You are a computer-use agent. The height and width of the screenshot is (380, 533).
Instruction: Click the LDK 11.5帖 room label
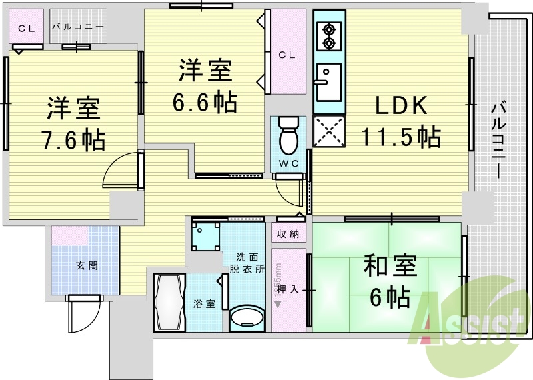[400, 121]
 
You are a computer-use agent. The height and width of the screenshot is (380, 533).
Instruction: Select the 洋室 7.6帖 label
[73, 123]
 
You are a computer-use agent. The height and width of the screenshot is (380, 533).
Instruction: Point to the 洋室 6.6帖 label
[205, 86]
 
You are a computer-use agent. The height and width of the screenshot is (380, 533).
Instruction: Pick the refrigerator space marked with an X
[328, 131]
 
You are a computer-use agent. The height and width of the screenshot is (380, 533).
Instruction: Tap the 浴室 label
[204, 304]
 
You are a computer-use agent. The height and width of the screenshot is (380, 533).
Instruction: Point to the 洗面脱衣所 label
[247, 263]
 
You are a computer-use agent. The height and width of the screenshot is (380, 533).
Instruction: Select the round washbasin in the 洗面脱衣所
[247, 318]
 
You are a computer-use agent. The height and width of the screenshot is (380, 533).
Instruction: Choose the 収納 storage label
[288, 233]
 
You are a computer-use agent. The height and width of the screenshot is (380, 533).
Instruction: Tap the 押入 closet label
[287, 289]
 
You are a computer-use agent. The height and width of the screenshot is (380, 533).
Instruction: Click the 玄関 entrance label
[87, 265]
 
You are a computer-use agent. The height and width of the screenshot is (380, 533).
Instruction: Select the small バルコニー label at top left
[77, 27]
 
